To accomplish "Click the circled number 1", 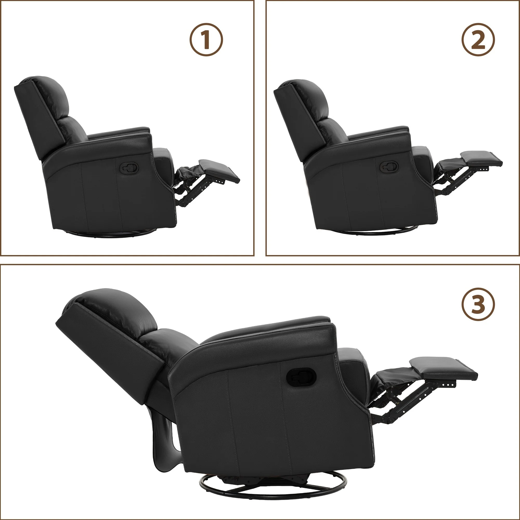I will pos(206,40).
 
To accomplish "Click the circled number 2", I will pos(478,40).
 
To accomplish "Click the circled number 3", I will pos(478,304).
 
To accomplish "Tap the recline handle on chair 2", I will pos(388,167).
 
